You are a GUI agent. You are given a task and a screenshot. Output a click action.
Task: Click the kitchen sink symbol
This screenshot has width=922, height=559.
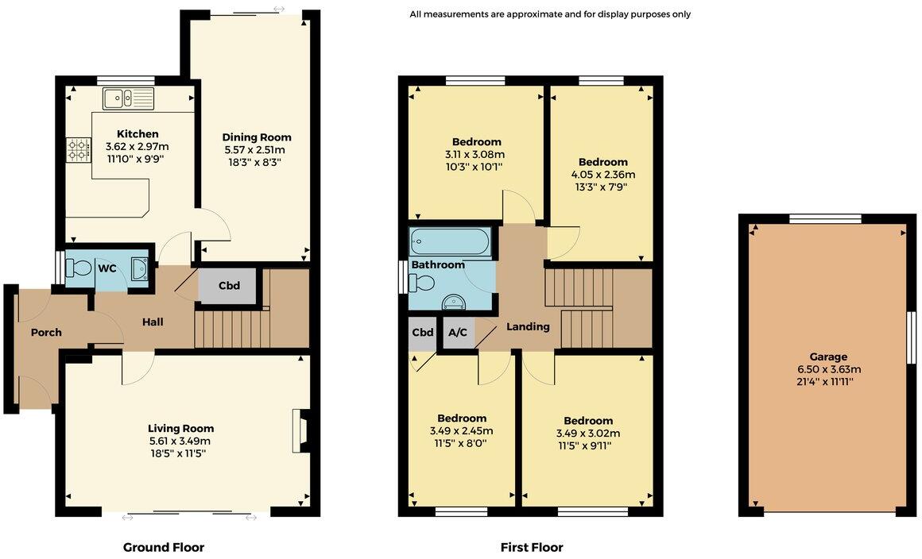tap(128, 98)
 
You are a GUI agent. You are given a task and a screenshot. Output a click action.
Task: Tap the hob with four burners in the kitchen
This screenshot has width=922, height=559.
tap(79, 148)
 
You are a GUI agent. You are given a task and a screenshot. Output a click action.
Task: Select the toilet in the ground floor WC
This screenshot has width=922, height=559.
tap(80, 267)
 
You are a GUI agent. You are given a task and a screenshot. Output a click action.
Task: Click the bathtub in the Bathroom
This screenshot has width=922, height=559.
tap(450, 241)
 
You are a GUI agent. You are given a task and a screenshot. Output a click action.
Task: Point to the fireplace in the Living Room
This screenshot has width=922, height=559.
tap(300, 430)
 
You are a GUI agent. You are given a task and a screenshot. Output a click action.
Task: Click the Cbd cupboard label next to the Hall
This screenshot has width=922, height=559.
tap(229, 285)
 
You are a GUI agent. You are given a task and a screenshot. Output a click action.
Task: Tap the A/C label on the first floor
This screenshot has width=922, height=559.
tap(458, 333)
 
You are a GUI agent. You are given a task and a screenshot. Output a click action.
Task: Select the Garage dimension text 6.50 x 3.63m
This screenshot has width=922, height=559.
tap(829, 369)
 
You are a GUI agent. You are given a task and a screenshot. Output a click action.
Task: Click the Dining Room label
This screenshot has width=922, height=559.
tap(256, 137)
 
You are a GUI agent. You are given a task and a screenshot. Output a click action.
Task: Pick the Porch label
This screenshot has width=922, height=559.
tap(46, 333)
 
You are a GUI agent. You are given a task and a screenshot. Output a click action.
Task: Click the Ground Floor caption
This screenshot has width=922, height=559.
tap(164, 547)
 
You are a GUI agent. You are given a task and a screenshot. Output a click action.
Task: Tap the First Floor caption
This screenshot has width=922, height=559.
tap(532, 547)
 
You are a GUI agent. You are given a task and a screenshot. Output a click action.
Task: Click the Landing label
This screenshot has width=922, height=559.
tap(529, 326)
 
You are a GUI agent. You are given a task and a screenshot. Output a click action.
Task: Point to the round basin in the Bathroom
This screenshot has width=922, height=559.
tap(454, 300)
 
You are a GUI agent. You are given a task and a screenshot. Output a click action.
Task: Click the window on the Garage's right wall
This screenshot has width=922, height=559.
tap(912, 337)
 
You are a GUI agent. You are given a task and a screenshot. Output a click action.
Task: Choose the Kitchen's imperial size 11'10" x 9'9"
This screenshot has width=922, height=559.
tap(137, 159)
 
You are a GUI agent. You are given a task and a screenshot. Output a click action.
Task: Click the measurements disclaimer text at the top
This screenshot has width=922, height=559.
tap(550, 14)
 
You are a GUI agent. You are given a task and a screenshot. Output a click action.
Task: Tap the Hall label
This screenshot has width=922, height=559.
tap(153, 322)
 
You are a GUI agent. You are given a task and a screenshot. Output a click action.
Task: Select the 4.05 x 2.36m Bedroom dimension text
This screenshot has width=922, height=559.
tap(603, 175)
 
